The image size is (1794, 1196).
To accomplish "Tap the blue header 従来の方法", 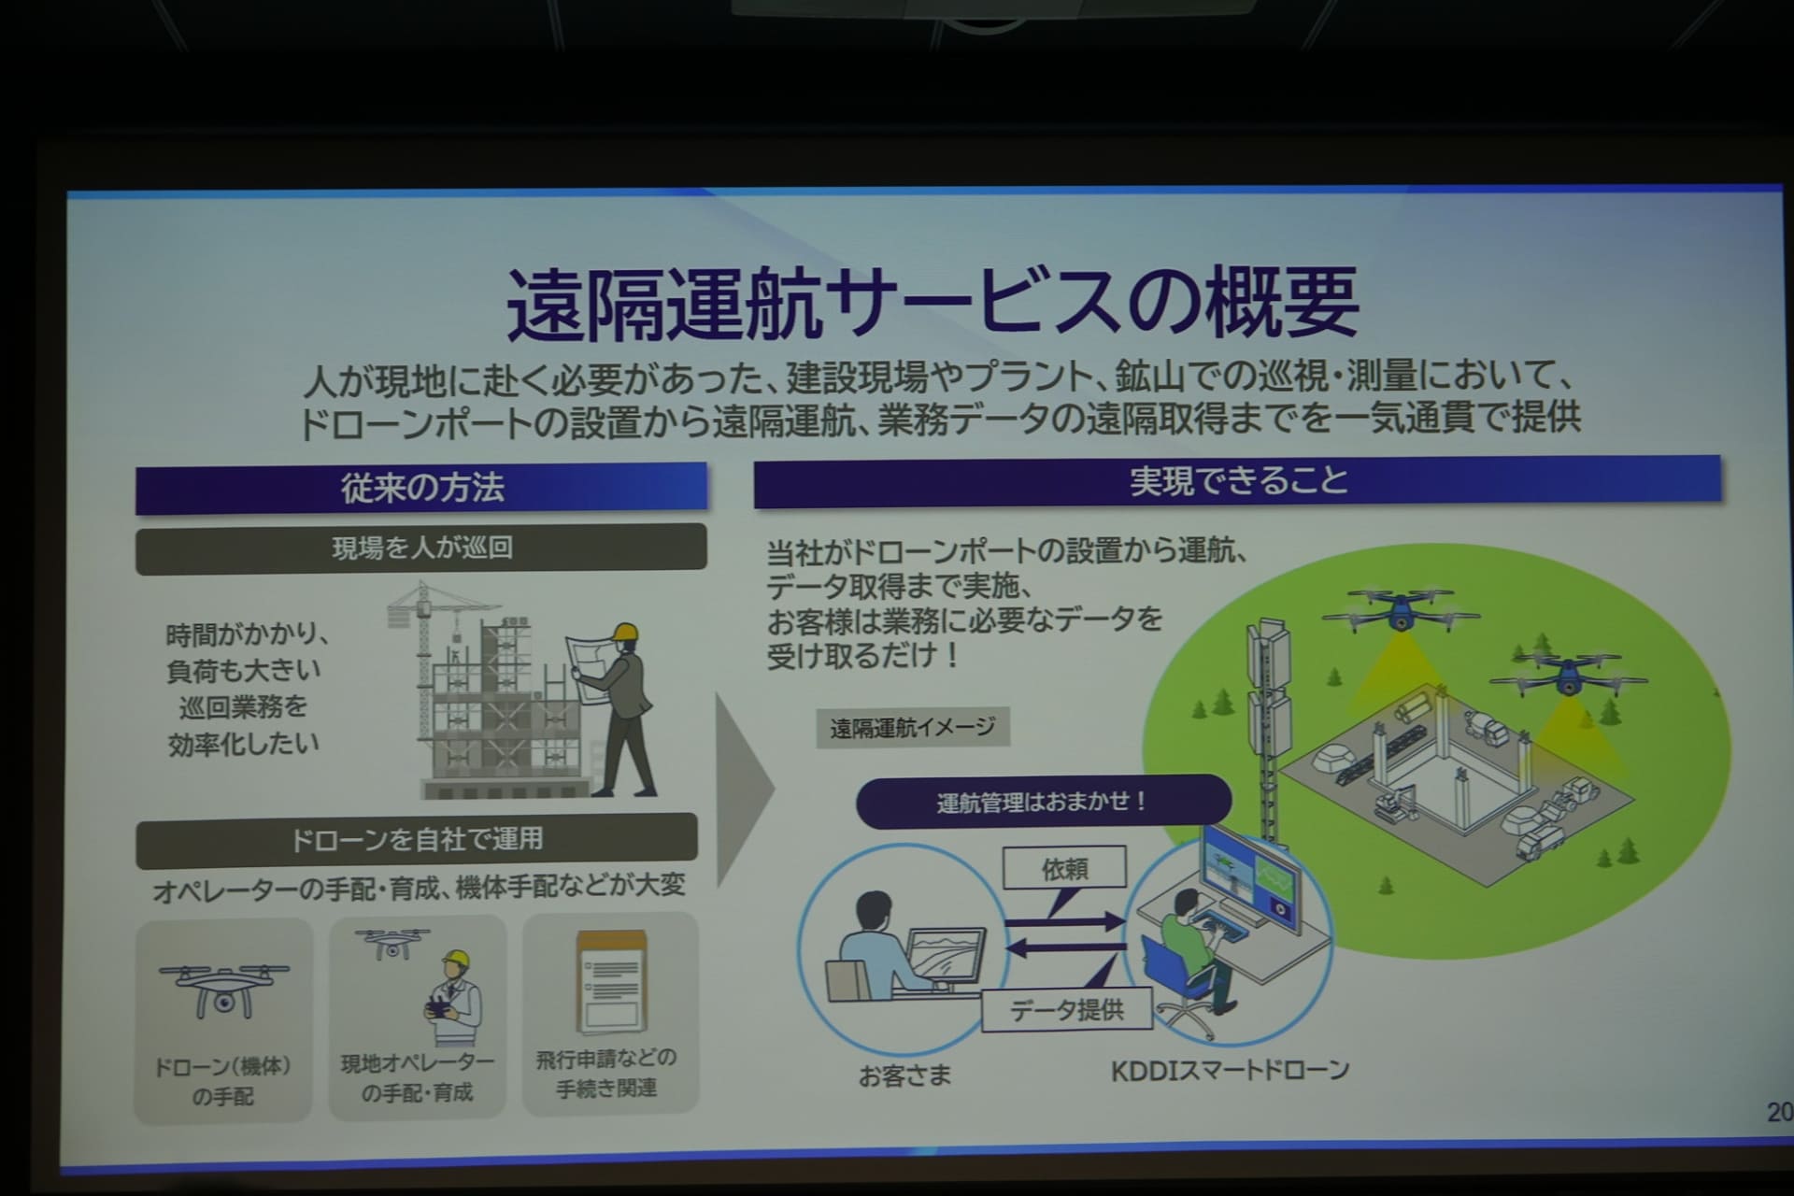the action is tap(421, 487).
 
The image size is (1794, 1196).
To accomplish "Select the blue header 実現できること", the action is tap(1238, 481).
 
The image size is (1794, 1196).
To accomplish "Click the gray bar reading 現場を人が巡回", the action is tap(421, 548).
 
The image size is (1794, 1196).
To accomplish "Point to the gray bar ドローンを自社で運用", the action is tap(417, 839).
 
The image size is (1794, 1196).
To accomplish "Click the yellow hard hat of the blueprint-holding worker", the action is tap(623, 633).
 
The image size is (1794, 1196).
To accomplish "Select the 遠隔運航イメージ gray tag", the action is tap(913, 727).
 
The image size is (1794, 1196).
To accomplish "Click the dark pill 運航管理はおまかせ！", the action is tap(1043, 802).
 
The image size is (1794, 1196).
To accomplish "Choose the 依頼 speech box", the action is tap(1064, 869).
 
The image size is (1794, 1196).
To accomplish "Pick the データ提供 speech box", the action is tap(1067, 1010).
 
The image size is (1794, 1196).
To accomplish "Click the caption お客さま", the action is tap(904, 1076).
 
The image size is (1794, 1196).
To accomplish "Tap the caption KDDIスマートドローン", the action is tap(1230, 1070).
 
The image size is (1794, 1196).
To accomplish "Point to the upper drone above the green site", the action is tap(1400, 608).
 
